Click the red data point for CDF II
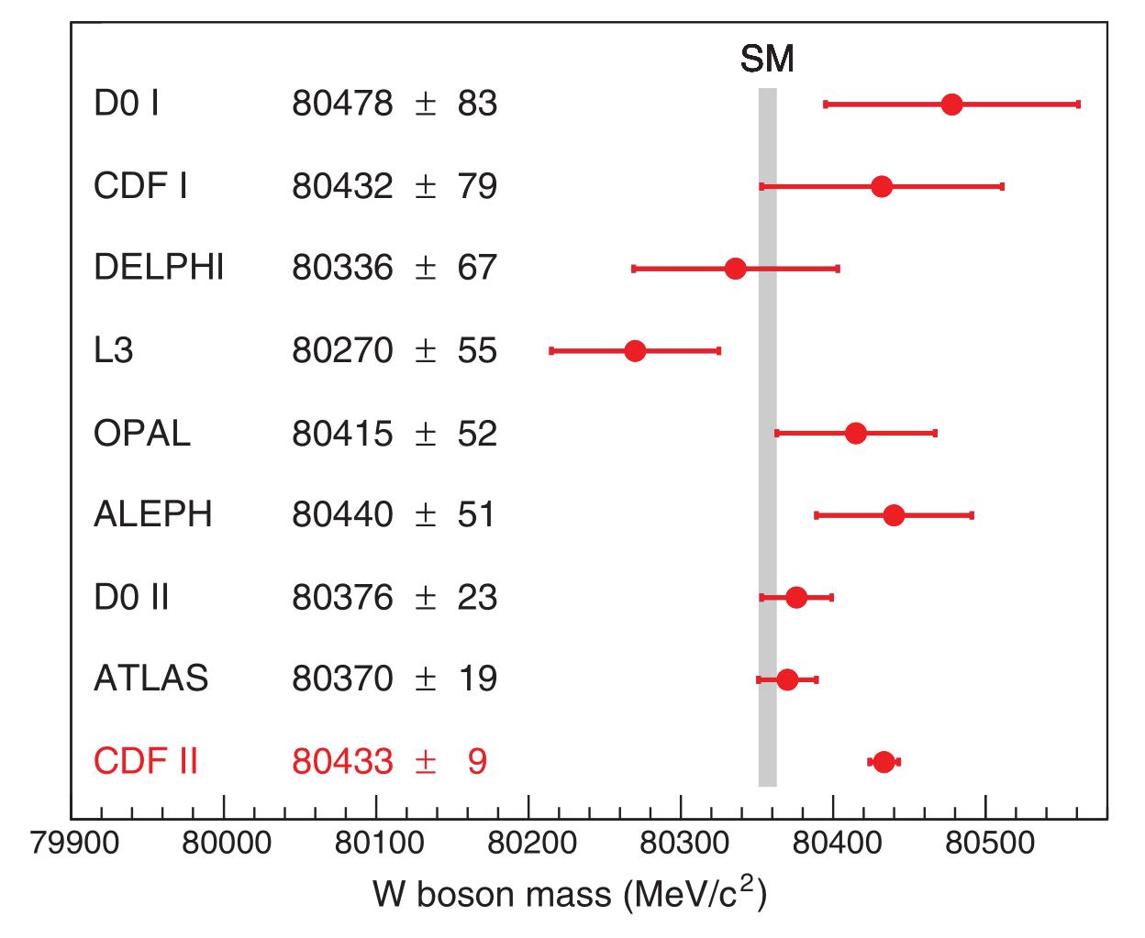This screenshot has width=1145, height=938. pos(884,762)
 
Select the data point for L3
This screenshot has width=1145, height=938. pos(635,350)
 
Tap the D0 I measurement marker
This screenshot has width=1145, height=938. pos(951,105)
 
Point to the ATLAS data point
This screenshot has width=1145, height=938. pos(787,679)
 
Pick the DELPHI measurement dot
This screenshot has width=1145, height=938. pos(735,269)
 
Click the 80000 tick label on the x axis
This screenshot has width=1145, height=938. pos(223,844)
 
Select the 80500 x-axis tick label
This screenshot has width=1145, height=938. pos(985,844)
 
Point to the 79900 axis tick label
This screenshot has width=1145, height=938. pos(74,844)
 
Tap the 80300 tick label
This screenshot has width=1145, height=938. pos(680,844)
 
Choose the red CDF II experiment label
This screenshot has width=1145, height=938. pos(146,762)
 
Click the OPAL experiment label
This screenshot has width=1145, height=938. pos(142,433)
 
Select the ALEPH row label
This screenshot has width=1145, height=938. pos(153,514)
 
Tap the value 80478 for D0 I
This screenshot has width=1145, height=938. pos(342,105)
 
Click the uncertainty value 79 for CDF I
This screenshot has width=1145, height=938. pos(477,187)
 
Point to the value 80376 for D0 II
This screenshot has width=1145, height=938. pos(342,598)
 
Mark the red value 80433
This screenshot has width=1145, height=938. pos(342,762)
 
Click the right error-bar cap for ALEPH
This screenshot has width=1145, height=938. pos(972,515)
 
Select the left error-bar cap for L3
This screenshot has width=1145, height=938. pos(551,350)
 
